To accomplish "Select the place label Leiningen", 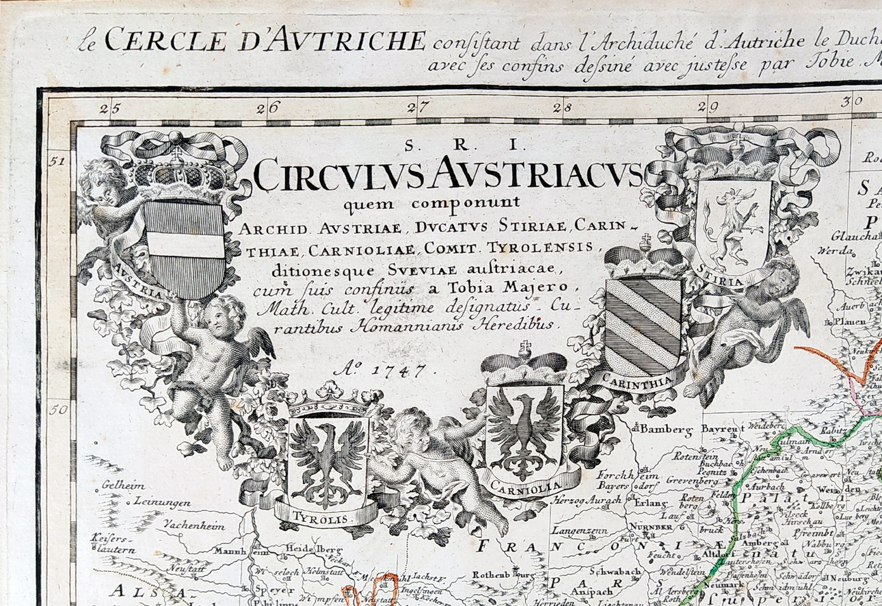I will click(162, 503).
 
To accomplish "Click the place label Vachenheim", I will click(194, 525).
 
